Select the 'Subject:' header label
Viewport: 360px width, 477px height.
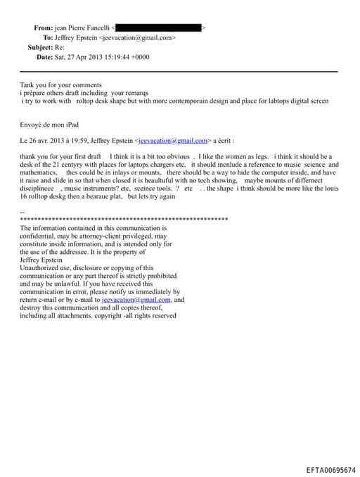(41, 47)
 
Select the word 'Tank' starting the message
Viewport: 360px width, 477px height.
(27, 84)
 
